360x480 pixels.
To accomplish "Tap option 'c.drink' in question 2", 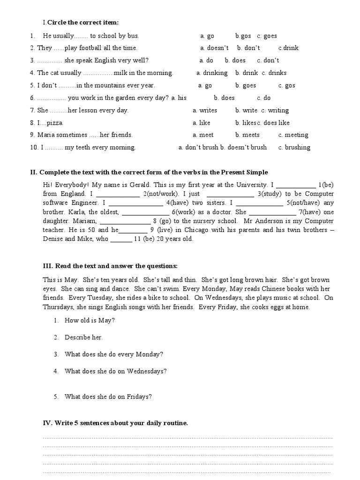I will (x=288, y=48).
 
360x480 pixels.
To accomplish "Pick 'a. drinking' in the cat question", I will (x=212, y=73).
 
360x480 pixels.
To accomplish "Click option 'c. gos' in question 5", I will (x=286, y=86).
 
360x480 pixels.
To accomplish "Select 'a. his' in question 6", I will (x=179, y=98).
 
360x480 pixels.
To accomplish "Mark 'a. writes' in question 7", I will (x=205, y=111).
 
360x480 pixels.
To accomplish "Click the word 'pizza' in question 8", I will (x=54, y=123).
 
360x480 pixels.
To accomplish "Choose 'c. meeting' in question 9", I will (x=293, y=135).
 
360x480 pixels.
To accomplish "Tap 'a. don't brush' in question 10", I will (x=198, y=147).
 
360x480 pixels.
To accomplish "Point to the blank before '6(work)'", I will (x=142, y=212).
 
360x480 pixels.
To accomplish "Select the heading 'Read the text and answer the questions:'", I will (x=110, y=266).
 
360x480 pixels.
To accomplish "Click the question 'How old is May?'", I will (x=90, y=321).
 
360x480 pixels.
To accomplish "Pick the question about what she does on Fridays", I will (x=108, y=397).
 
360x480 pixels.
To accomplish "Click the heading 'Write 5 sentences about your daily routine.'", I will (x=115, y=423).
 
